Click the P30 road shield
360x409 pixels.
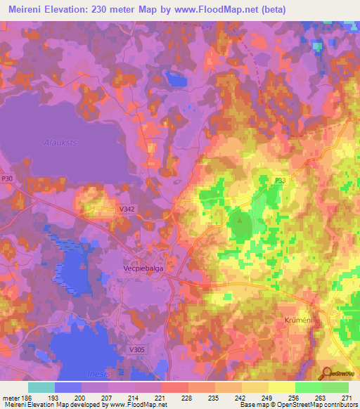pos(7,179)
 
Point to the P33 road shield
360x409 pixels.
pos(280,181)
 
